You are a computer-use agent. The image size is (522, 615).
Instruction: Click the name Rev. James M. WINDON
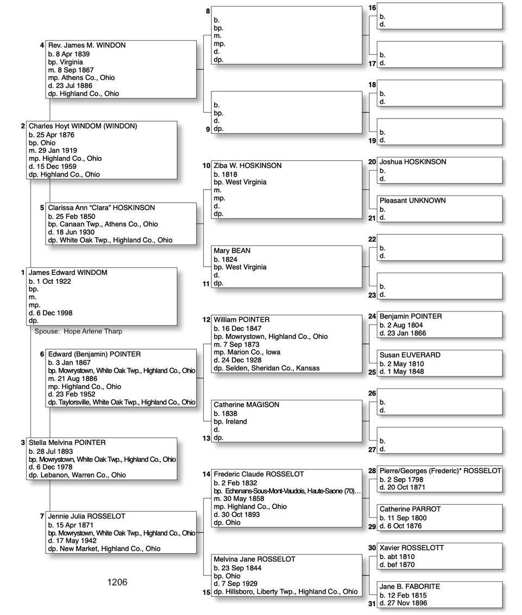[x=87, y=45]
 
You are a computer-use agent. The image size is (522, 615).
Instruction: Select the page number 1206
[x=117, y=582]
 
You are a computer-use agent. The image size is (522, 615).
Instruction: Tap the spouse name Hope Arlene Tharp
[x=93, y=331]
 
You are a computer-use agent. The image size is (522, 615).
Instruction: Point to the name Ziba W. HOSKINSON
[x=248, y=165]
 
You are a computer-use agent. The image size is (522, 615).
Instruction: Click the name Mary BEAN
[x=232, y=250]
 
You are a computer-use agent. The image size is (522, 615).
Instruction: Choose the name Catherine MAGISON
[x=246, y=405]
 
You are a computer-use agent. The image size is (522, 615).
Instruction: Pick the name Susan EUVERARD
[x=410, y=355]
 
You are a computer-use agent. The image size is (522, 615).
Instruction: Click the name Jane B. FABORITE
[x=410, y=586]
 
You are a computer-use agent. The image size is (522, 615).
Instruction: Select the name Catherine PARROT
[x=410, y=509]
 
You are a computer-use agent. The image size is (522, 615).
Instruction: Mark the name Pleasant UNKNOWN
[x=412, y=200]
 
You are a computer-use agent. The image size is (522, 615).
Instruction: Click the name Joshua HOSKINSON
[x=412, y=162]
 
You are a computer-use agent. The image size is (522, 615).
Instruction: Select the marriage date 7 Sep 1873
[x=240, y=344]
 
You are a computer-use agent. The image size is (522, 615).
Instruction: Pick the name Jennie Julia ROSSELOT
[x=86, y=516]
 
